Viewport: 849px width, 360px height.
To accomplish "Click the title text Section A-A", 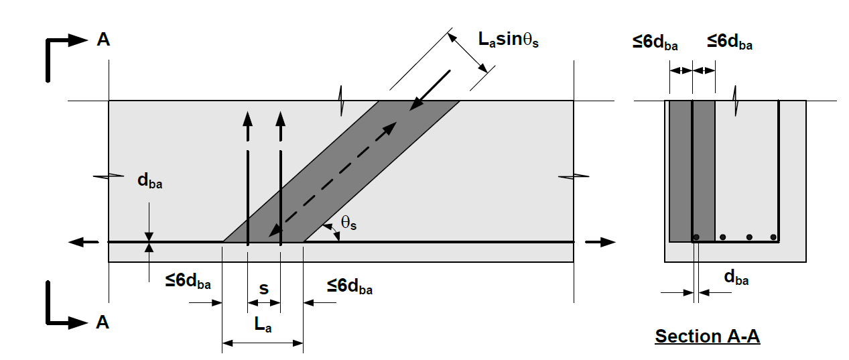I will [x=707, y=336].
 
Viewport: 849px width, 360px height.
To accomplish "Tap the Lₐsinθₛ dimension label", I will [x=509, y=40].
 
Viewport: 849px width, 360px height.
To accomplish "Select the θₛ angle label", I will [x=348, y=223].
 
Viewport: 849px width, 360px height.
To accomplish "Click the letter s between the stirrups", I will [x=264, y=289].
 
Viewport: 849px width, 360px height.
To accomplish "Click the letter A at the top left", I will [x=103, y=40].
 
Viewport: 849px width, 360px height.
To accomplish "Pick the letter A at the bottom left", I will [x=103, y=323].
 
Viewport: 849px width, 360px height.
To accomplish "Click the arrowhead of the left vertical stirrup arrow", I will [x=248, y=119].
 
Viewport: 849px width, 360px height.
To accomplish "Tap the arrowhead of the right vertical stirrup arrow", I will [x=281, y=119].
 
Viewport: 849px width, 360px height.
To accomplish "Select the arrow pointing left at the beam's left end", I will [x=78, y=241].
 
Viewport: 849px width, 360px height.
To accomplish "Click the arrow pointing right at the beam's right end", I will [x=604, y=241].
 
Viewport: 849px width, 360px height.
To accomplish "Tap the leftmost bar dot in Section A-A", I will [x=697, y=237].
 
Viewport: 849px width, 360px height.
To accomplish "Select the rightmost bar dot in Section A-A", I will [x=773, y=237].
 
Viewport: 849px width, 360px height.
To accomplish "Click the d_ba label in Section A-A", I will [x=736, y=278].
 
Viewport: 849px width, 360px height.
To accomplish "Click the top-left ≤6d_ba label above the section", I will [x=655, y=44].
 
